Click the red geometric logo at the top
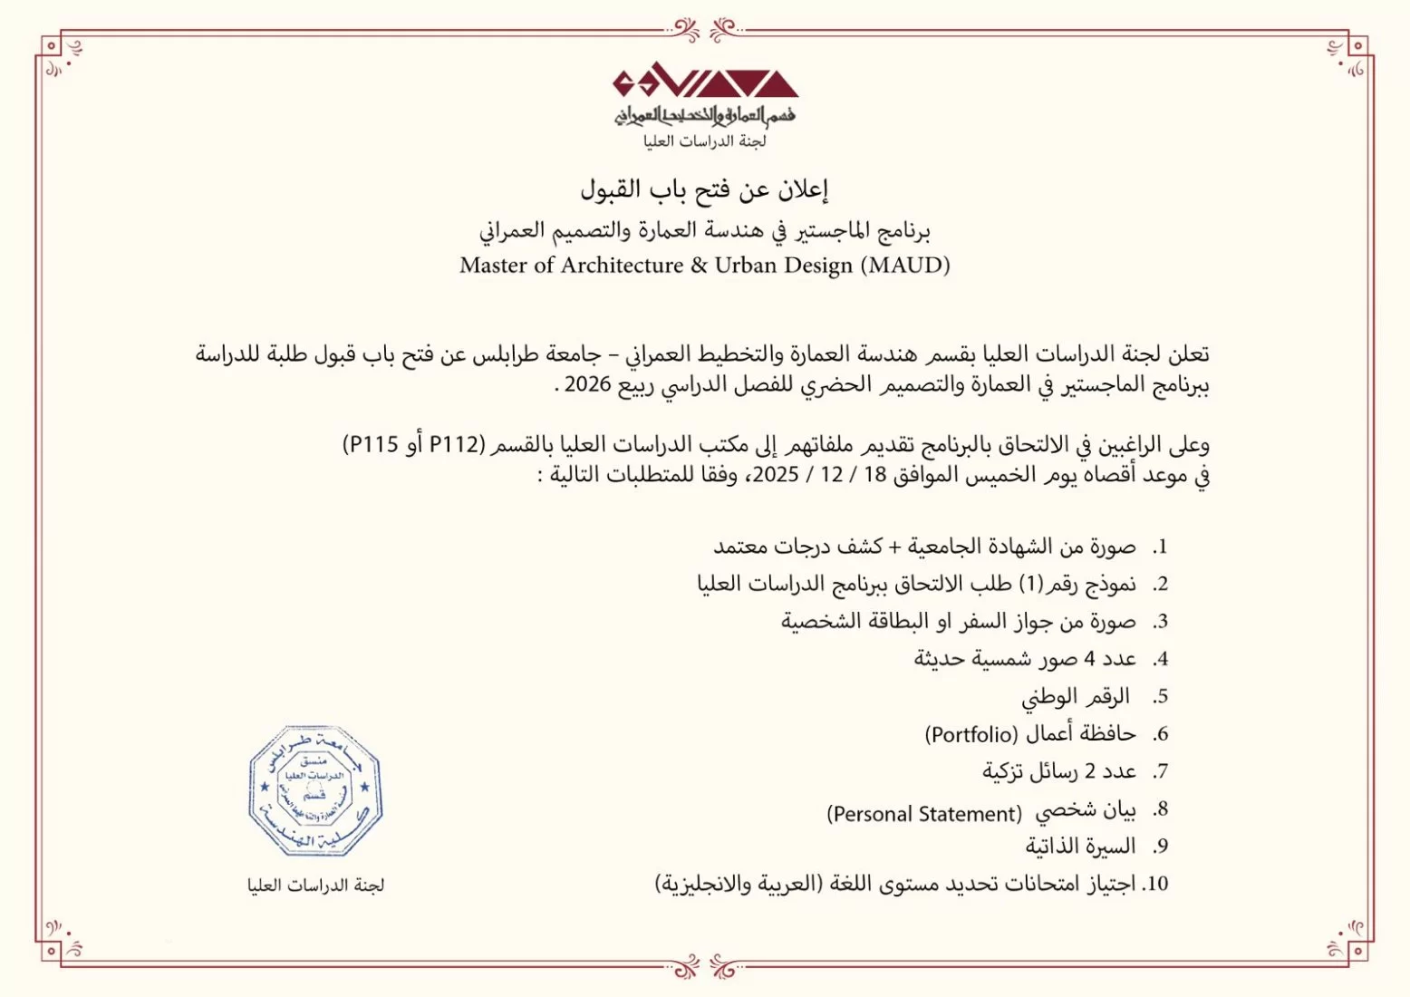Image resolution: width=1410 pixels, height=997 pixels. click(705, 83)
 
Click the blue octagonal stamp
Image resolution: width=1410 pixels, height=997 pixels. click(315, 791)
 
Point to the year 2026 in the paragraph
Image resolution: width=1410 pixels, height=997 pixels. click(587, 384)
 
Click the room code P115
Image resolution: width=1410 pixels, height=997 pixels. click(373, 444)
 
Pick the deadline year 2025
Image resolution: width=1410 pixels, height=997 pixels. click(776, 475)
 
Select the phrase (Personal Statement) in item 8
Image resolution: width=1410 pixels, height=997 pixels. click(924, 814)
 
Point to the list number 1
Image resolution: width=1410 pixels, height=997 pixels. click(1160, 547)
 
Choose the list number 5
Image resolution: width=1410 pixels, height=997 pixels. click(1160, 697)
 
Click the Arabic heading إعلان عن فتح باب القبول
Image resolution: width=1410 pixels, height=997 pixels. click(704, 189)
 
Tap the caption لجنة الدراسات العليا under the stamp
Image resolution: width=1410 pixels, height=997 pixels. click(315, 885)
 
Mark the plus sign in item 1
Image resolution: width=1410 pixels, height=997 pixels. click(895, 547)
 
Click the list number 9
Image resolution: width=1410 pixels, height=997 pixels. click(1160, 847)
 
